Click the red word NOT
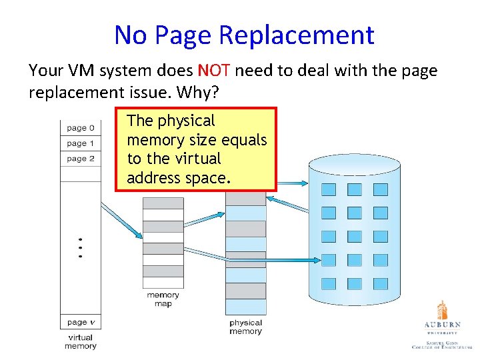[x=215, y=71]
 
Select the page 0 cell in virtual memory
[x=80, y=127]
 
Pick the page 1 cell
[x=80, y=143]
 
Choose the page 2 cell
[x=80, y=159]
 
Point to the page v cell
[x=80, y=323]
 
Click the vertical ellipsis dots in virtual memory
[x=80, y=248]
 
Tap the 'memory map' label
[x=163, y=299]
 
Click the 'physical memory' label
[x=245, y=327]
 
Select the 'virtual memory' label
[x=80, y=341]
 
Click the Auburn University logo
[x=442, y=327]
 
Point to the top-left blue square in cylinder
[x=329, y=189]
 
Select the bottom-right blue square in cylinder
[x=380, y=283]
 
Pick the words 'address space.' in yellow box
[x=179, y=178]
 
